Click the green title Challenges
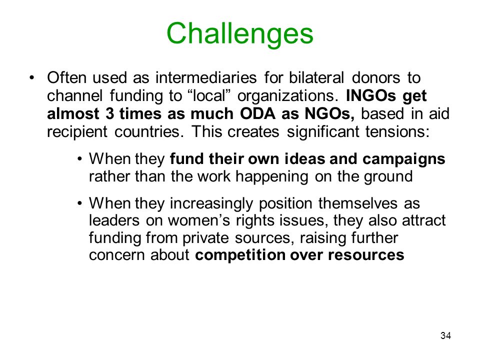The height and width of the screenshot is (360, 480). pos(240,34)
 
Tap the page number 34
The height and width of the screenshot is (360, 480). pos(445,335)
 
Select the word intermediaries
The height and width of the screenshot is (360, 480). pos(206,77)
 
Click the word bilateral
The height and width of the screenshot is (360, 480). pos(316,77)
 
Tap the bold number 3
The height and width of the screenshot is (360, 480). pos(109,113)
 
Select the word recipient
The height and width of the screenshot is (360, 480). pos(77,132)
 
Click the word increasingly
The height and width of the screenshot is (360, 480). pos(211,203)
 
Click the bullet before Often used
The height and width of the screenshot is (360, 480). pos(32,77)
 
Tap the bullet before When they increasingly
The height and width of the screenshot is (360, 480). pos(80,203)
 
